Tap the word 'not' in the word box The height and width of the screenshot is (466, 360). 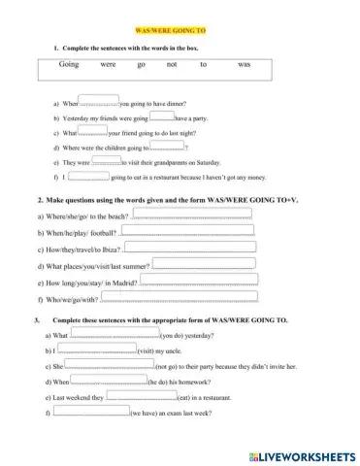click(172, 62)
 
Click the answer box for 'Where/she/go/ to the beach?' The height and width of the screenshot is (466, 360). click(188, 212)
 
